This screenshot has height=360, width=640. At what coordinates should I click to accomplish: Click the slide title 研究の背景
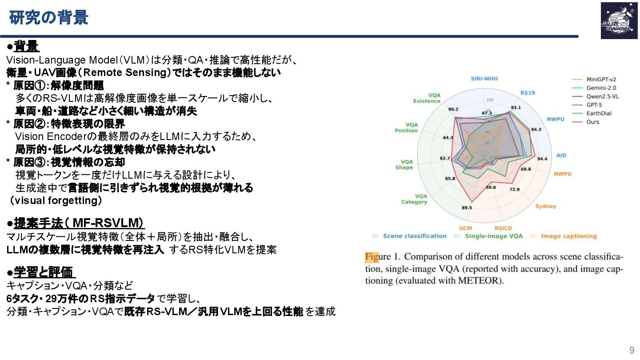[x=49, y=18]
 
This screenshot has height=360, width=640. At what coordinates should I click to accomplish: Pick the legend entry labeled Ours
[x=592, y=122]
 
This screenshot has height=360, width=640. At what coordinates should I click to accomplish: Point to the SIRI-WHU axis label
[x=484, y=79]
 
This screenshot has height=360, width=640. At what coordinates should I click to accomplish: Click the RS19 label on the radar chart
[x=528, y=93]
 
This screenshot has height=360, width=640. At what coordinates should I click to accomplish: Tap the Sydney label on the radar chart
[x=545, y=206]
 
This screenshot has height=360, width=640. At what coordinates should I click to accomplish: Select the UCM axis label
[x=465, y=228]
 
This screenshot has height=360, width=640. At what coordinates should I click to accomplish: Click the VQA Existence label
[x=427, y=98]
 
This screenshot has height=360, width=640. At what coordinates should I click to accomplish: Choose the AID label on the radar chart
[x=561, y=155]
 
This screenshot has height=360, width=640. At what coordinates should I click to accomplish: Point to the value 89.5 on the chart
[x=467, y=208]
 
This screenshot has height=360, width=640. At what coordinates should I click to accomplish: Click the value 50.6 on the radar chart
[x=491, y=187]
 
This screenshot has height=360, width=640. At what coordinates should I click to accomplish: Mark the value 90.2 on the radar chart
[x=453, y=109]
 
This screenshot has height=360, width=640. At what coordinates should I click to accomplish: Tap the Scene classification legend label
[x=414, y=236]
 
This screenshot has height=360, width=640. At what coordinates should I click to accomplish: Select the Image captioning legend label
[x=568, y=236]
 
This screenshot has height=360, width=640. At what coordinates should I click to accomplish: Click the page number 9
[x=632, y=349]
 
